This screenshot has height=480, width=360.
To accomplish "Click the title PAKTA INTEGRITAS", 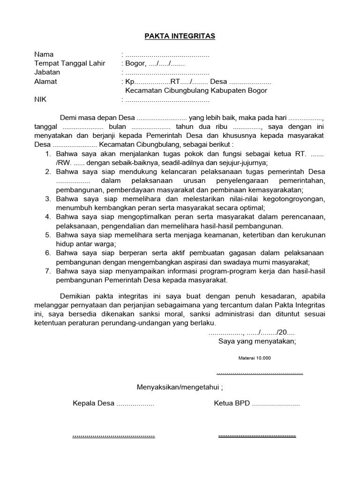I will [x=180, y=36].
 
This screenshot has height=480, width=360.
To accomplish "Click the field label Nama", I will [x=44, y=54].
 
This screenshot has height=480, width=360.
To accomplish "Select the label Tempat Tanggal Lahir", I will [x=70, y=63].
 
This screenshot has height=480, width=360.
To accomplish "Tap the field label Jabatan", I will [x=47, y=73].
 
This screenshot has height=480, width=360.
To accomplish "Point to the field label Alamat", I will [x=45, y=82].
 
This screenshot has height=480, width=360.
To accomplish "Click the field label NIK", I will [x=41, y=100].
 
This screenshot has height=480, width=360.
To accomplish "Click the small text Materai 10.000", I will [x=255, y=358].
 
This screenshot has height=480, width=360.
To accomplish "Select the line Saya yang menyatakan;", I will [x=257, y=341].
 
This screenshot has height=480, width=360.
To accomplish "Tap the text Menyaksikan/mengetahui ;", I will [x=180, y=387].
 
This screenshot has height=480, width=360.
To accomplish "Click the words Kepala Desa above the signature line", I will [x=93, y=403].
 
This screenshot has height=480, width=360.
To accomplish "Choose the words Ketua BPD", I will [x=232, y=403].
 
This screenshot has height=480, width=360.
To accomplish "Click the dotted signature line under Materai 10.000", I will [x=260, y=373].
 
